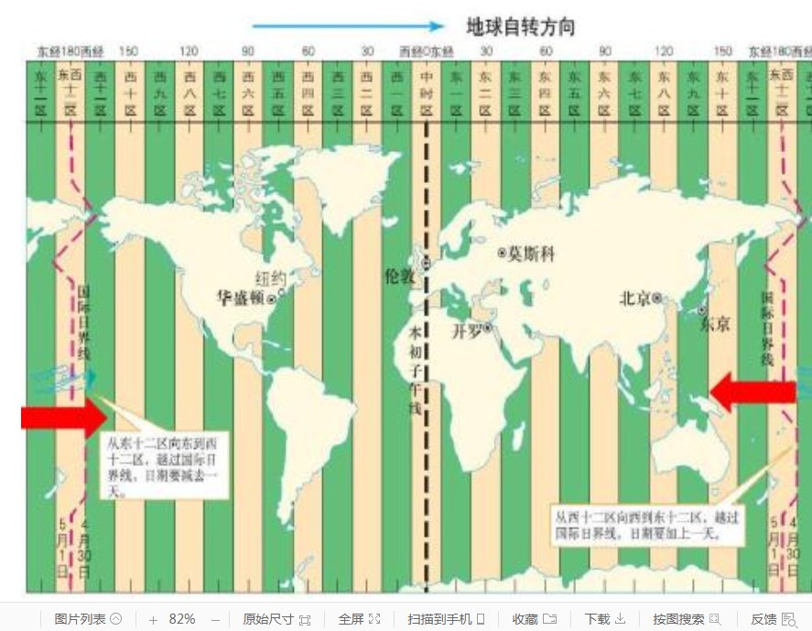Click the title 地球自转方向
(520, 26)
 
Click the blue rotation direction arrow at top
(348, 26)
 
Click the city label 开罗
(466, 330)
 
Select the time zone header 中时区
(426, 91)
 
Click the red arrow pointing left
(752, 392)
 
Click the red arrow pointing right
(63, 418)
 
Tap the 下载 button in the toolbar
(604, 619)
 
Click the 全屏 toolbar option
(359, 619)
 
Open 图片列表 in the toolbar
(87, 619)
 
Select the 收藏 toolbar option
(535, 619)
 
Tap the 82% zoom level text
(182, 619)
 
